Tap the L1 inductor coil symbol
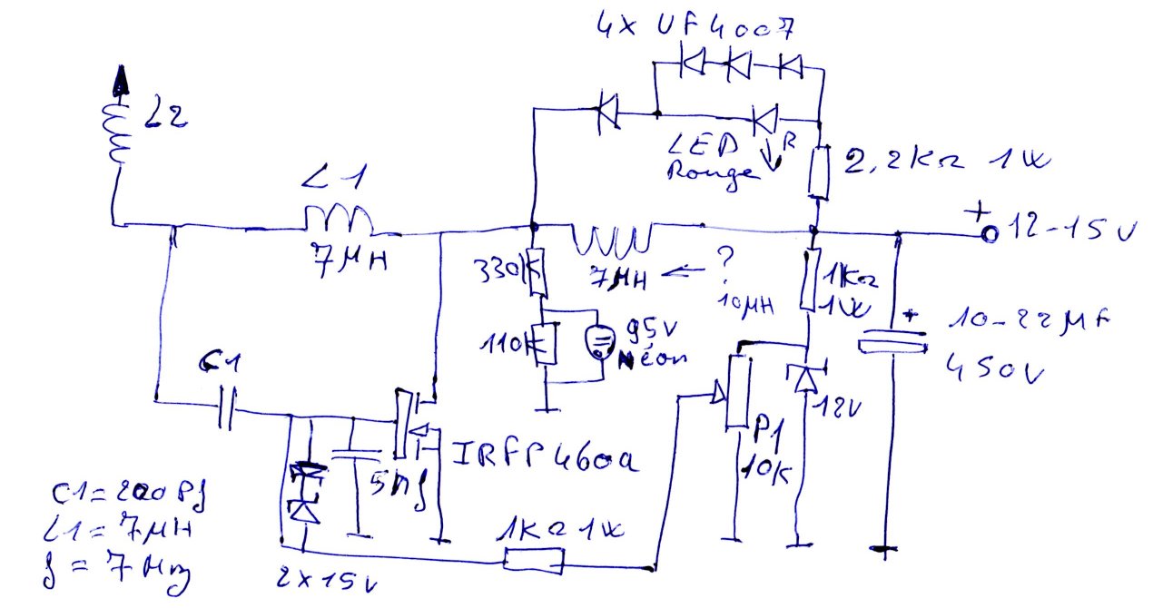pos(338,221)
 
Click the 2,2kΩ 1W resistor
pos(819,172)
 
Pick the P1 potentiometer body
pos(737,394)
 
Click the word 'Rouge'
pos(713,172)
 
